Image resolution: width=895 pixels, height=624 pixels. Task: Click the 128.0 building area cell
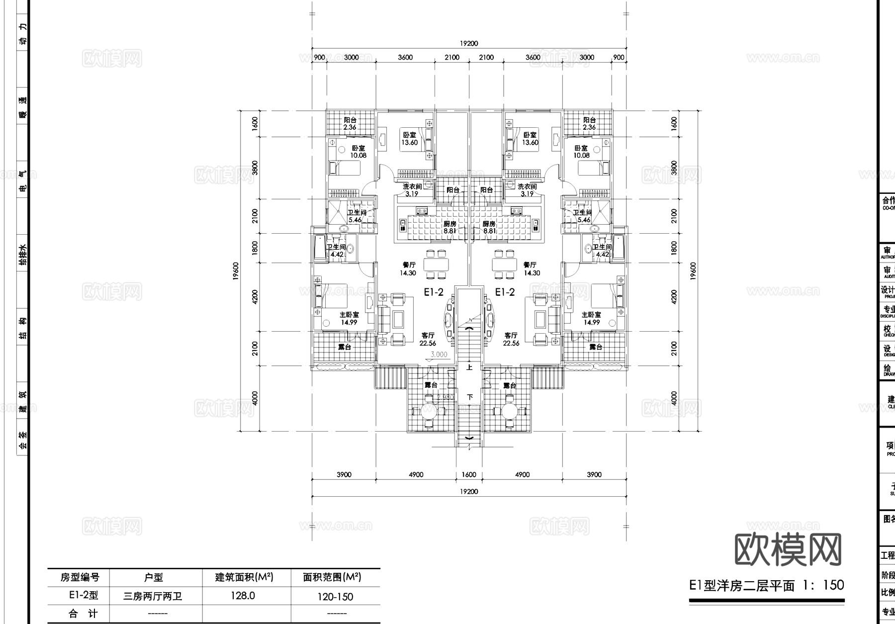point(243,596)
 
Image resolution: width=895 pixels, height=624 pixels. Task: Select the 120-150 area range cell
point(336,597)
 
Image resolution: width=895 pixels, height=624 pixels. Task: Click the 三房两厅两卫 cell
point(153,596)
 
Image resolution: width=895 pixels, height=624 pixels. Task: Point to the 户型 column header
point(153,577)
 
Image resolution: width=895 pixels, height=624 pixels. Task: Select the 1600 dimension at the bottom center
point(469,474)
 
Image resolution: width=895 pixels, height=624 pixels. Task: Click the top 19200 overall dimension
point(468,43)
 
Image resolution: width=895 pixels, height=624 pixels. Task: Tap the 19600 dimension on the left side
point(236,271)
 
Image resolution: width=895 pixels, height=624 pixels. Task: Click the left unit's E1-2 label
point(434,292)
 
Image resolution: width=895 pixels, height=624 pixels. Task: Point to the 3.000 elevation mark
point(439,355)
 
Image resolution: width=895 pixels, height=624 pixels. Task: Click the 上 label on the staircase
point(469,368)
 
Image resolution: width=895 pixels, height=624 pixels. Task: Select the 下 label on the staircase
point(469,397)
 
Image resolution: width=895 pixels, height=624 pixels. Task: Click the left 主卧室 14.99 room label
point(349,318)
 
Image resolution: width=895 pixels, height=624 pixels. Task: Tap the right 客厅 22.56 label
point(511,339)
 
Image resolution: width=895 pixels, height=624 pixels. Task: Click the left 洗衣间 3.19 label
point(412,190)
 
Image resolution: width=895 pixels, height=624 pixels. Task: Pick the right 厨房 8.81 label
point(489,227)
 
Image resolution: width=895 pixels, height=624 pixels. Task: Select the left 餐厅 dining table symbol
point(437,264)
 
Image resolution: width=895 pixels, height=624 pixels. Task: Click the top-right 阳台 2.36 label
point(589,123)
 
